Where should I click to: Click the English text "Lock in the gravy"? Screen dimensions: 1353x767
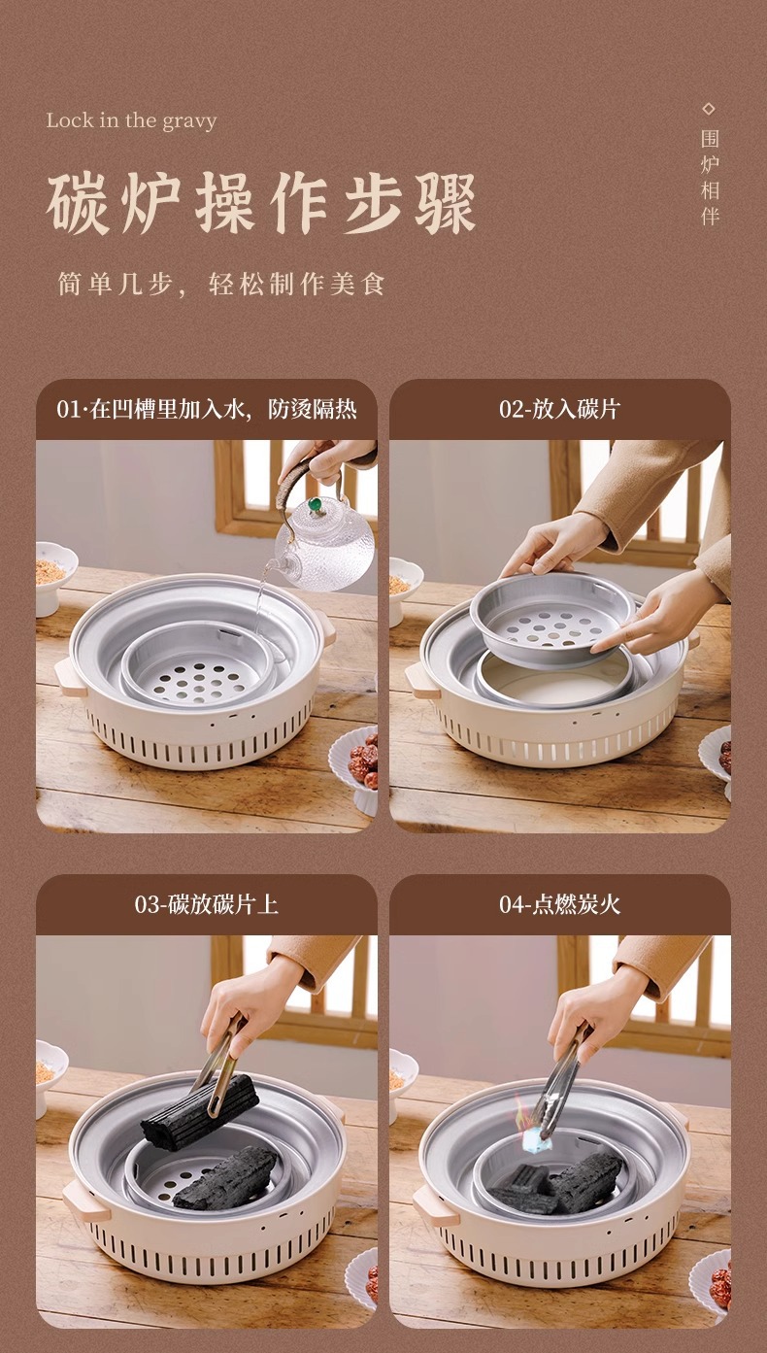[131, 121]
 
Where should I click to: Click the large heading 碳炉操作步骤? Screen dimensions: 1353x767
[261, 205]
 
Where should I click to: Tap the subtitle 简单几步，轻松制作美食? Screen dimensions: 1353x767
[221, 285]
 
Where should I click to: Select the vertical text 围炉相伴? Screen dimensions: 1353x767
[710, 177]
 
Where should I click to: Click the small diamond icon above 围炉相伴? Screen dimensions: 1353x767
[709, 108]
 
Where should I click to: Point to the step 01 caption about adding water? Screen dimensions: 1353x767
[207, 409]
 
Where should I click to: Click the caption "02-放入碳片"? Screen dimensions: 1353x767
[559, 409]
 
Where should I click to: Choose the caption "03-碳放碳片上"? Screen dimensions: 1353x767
[207, 904]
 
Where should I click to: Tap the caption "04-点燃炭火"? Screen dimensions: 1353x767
[559, 904]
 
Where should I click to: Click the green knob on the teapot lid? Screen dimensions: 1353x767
[316, 505]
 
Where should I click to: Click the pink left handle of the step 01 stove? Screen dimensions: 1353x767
[66, 672]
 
